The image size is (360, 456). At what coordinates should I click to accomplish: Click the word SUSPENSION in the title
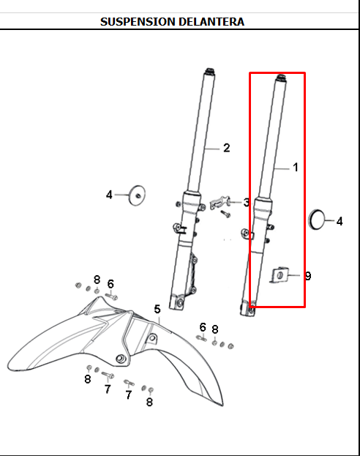pyautogui.click(x=138, y=22)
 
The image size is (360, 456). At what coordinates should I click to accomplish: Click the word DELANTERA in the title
pyautogui.click(x=211, y=22)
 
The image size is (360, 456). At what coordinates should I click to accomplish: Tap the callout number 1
pyautogui.click(x=296, y=167)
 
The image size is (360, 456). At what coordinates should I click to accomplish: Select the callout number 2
pyautogui.click(x=227, y=148)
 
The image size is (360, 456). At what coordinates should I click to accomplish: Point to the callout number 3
pyautogui.click(x=246, y=203)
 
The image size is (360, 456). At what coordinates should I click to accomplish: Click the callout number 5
pyautogui.click(x=157, y=309)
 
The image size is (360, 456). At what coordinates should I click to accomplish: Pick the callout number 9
pyautogui.click(x=308, y=276)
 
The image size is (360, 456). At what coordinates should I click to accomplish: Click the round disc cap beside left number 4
pyautogui.click(x=137, y=195)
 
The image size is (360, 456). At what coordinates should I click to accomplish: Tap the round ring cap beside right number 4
pyautogui.click(x=316, y=220)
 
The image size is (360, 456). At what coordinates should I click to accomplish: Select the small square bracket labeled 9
pyautogui.click(x=280, y=275)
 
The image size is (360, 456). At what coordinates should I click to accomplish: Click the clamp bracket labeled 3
pyautogui.click(x=220, y=202)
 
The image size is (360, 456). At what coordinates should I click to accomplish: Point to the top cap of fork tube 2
pyautogui.click(x=210, y=72)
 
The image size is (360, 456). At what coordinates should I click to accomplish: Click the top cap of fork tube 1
pyautogui.click(x=281, y=78)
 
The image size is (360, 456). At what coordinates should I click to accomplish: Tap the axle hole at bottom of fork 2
pyautogui.click(x=179, y=302)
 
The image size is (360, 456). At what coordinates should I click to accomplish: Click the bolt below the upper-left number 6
pyautogui.click(x=111, y=296)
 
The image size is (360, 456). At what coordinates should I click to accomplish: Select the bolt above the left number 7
pyautogui.click(x=108, y=375)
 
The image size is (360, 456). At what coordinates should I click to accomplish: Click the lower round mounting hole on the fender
pyautogui.click(x=121, y=359)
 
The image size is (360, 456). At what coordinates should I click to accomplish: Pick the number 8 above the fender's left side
pyautogui.click(x=97, y=280)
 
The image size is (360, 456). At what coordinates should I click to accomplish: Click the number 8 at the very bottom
pyautogui.click(x=149, y=402)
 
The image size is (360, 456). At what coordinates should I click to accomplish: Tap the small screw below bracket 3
pyautogui.click(x=225, y=214)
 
